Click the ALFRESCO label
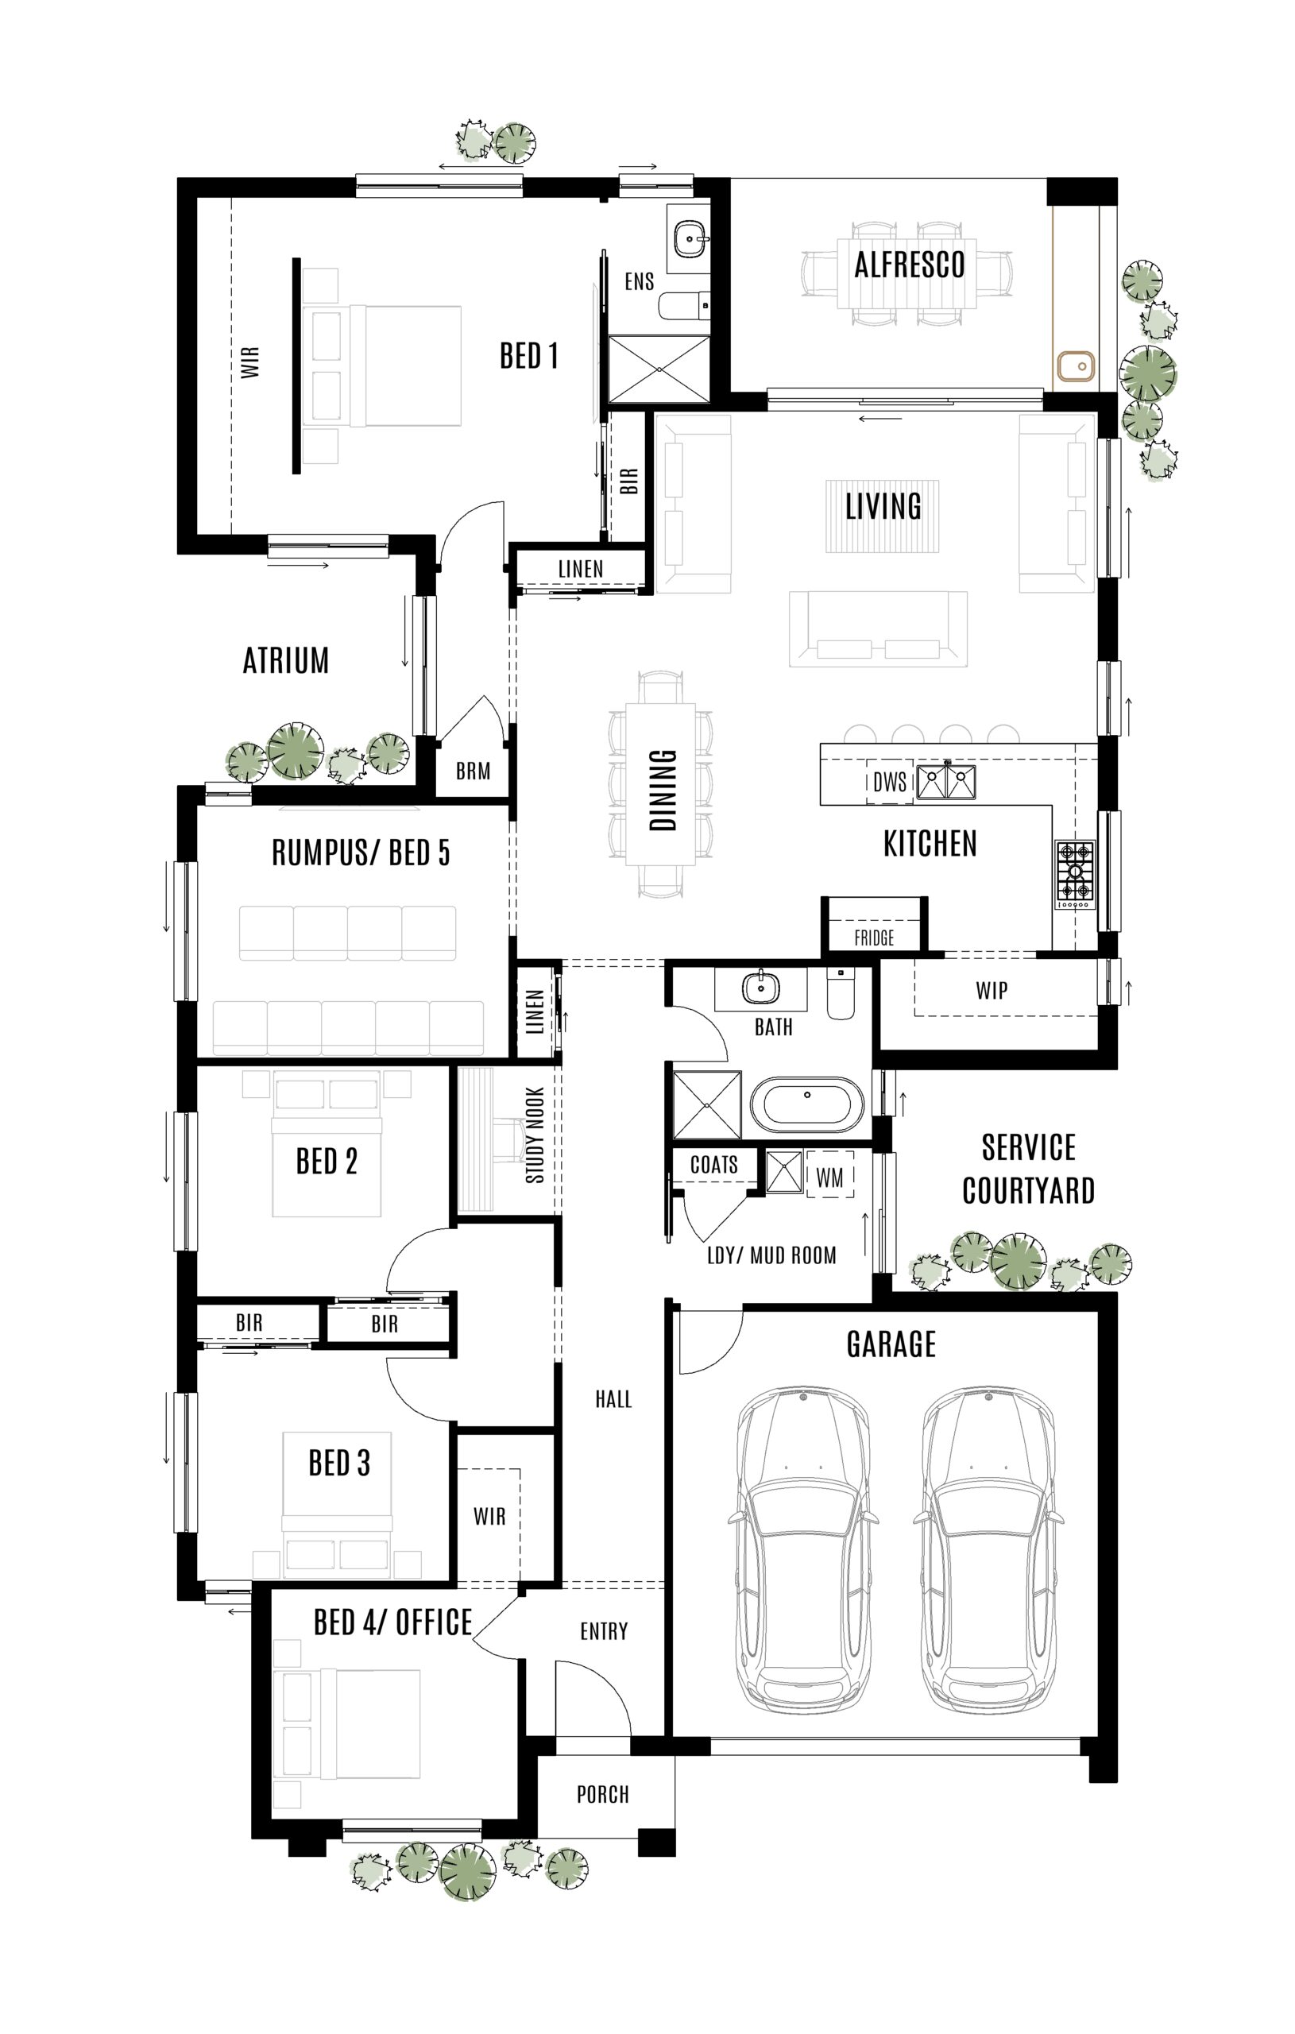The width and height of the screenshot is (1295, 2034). [x=909, y=265]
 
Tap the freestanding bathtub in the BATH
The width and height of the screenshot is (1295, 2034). [x=806, y=1104]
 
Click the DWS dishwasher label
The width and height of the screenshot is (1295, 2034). [x=889, y=782]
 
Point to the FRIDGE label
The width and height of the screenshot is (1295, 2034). [x=873, y=938]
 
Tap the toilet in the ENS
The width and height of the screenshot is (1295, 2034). [x=683, y=305]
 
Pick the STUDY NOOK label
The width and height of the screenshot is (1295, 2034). [x=535, y=1135]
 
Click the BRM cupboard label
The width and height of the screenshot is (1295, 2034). [x=473, y=771]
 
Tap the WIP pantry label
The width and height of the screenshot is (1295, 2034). [x=991, y=990]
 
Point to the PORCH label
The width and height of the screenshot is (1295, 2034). [x=602, y=1794]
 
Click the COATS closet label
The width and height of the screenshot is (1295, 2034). [x=713, y=1165]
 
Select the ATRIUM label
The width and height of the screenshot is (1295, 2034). [x=285, y=660]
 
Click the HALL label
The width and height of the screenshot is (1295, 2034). [x=613, y=1400]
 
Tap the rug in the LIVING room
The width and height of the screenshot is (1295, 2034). [x=883, y=516]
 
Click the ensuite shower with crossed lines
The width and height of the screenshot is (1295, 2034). [x=659, y=369]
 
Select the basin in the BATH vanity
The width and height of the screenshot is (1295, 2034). [x=761, y=986]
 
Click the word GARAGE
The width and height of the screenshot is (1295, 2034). [x=891, y=1344]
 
